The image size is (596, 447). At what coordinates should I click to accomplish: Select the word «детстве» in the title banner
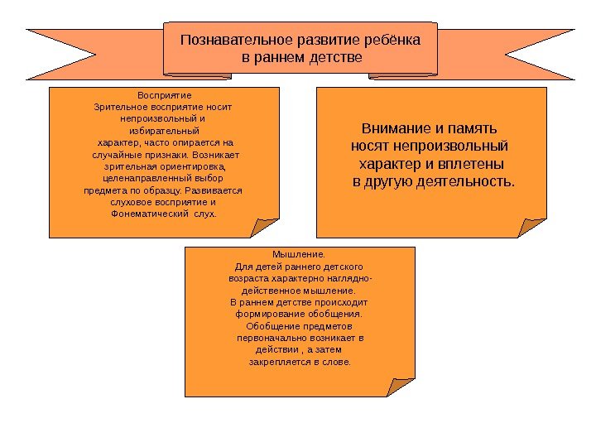coord(334,59)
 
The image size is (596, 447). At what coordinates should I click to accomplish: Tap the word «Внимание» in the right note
coord(393,130)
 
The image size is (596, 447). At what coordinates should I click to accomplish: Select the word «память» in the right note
coord(474,130)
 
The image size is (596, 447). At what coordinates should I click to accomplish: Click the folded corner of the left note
coord(267,225)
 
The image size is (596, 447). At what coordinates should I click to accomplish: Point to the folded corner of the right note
coord(533,225)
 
